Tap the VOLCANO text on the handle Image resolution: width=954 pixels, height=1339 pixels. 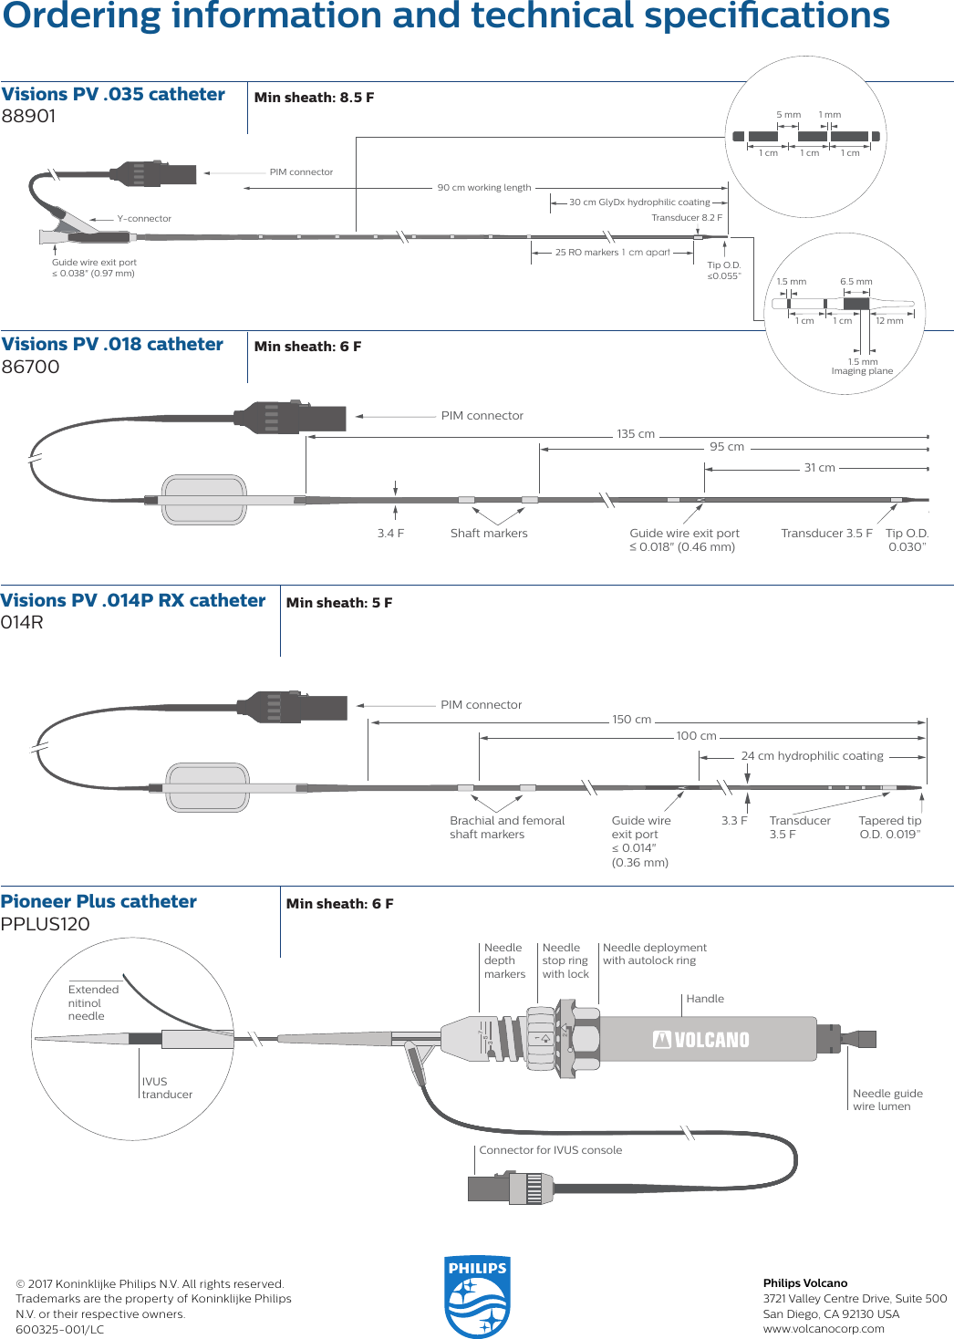click(701, 1040)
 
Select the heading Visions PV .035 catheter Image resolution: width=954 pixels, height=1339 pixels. click(113, 94)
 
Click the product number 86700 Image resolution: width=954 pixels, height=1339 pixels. click(30, 367)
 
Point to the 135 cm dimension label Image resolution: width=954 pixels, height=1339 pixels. click(636, 434)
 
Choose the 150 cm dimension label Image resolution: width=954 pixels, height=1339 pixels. click(631, 720)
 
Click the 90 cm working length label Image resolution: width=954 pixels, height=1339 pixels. click(483, 188)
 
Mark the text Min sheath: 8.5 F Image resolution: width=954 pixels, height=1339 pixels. click(314, 98)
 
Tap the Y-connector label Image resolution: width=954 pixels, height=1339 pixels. click(144, 219)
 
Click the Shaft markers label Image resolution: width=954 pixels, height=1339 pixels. click(489, 534)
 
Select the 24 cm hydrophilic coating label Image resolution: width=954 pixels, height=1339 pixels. click(812, 756)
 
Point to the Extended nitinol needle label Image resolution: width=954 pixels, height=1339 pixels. click(93, 1002)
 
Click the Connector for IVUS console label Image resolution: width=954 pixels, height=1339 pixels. click(550, 1150)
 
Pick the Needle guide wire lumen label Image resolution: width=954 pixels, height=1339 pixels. click(887, 1100)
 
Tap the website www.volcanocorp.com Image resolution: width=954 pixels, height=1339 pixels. click(824, 1329)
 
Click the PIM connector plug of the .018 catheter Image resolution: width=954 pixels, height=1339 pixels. click(292, 417)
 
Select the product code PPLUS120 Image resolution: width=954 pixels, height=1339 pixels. click(46, 924)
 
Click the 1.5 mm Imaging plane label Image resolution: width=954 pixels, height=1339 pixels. click(862, 367)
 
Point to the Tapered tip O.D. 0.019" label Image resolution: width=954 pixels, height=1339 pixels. click(889, 827)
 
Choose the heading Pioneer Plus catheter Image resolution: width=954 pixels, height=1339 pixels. click(99, 901)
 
